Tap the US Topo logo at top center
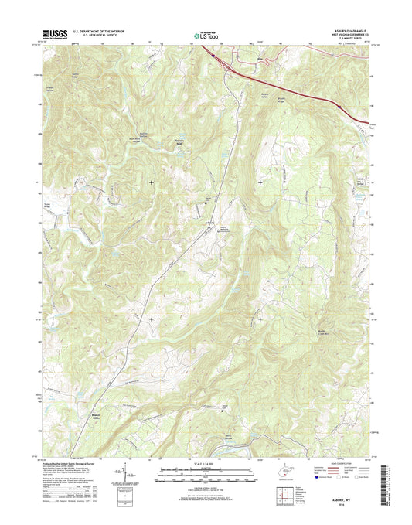(x=205, y=34)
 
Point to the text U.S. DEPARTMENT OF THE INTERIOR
(x=101, y=31)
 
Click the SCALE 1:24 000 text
(x=205, y=464)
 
